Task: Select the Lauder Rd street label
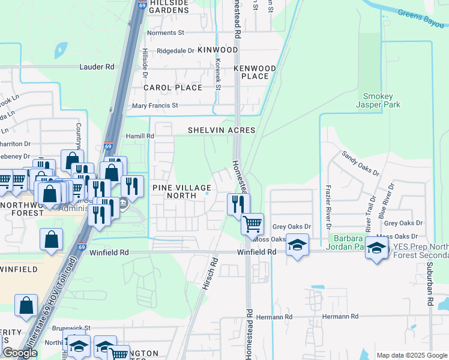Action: coord(97,67)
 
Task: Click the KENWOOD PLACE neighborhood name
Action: coord(255,72)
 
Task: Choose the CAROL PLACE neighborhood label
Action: coord(173,88)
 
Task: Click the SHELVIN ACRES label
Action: coord(221,130)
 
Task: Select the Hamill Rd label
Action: coord(140,136)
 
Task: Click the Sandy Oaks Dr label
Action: coord(360,163)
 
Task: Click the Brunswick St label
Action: coord(71,328)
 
